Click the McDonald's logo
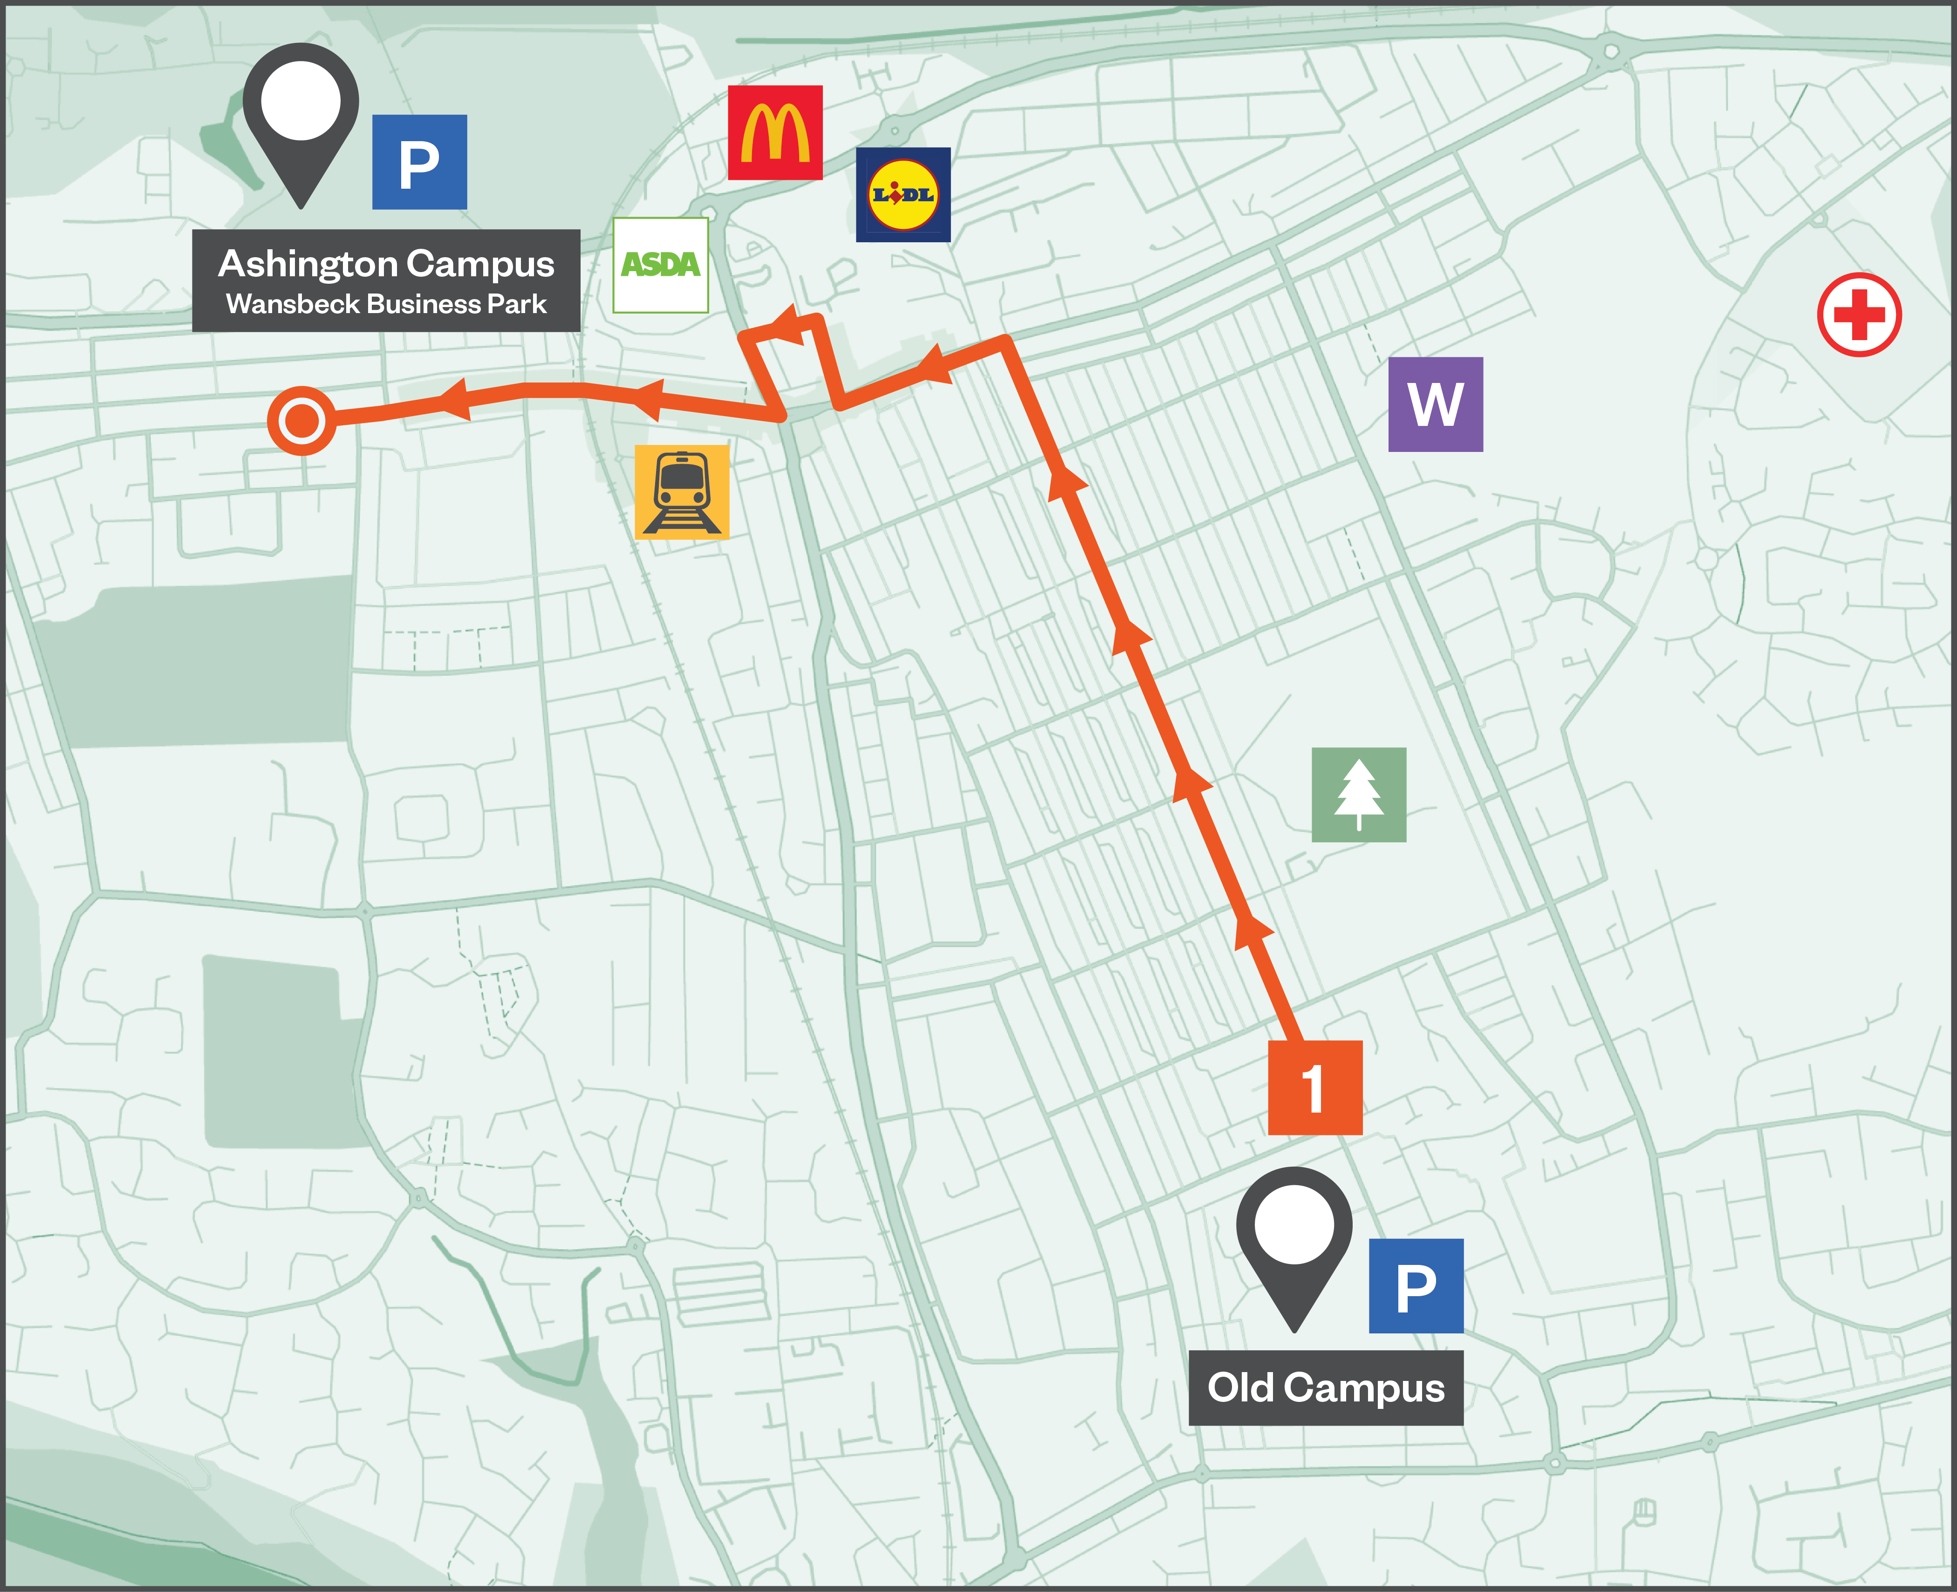(775, 133)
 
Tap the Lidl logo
(903, 194)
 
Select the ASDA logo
(660, 265)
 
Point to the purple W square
(1435, 404)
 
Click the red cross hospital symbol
(1859, 314)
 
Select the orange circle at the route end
(302, 421)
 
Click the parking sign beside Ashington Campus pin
(419, 162)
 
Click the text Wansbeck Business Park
(386, 304)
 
